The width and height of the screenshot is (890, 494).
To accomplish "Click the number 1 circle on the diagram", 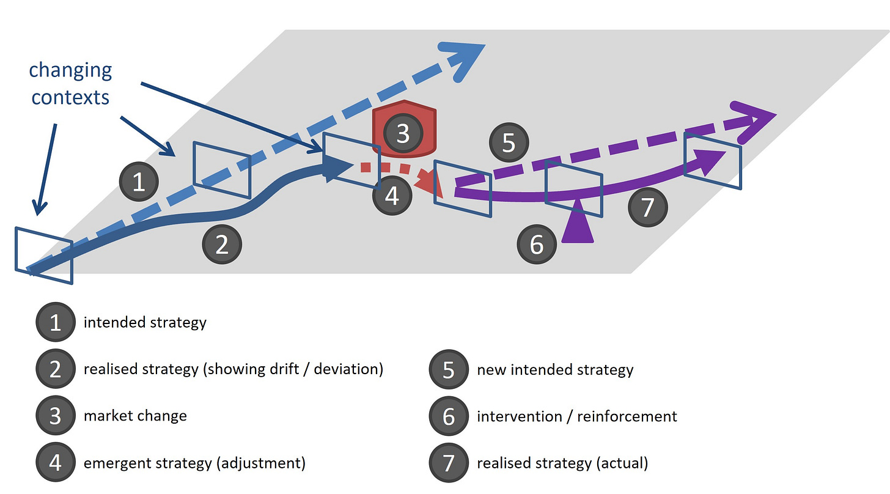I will click(x=139, y=182).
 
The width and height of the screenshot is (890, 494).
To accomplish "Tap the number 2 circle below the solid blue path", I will click(x=222, y=245).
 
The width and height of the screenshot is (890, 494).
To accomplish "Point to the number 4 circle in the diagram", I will click(x=392, y=196).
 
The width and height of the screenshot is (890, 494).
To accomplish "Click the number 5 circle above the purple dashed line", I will click(x=509, y=143).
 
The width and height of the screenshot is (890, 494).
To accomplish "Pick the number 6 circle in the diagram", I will click(x=536, y=245).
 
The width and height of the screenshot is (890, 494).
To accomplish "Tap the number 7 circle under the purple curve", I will click(x=648, y=207).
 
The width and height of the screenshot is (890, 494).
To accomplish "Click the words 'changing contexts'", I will click(x=70, y=83).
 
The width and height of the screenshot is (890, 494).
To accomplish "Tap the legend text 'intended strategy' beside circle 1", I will click(x=145, y=322).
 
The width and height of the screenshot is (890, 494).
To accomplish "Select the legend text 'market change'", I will click(x=135, y=416).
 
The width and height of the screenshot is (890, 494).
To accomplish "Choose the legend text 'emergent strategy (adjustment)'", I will click(x=194, y=463).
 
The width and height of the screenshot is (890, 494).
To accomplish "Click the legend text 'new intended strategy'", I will click(x=555, y=370).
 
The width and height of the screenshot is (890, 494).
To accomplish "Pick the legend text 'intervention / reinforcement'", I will click(x=576, y=416).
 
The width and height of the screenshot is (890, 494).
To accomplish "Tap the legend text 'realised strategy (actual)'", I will click(x=562, y=463).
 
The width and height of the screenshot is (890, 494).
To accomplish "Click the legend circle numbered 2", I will click(x=55, y=369).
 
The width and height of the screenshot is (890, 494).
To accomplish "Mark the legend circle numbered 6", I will click(x=449, y=416).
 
